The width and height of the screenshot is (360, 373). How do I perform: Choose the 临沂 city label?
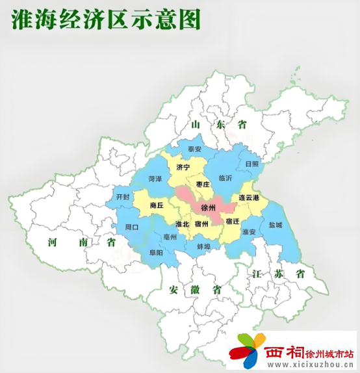point(225,177)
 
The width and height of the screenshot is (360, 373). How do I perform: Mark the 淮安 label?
point(249,231)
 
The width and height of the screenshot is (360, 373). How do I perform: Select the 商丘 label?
point(156,205)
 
